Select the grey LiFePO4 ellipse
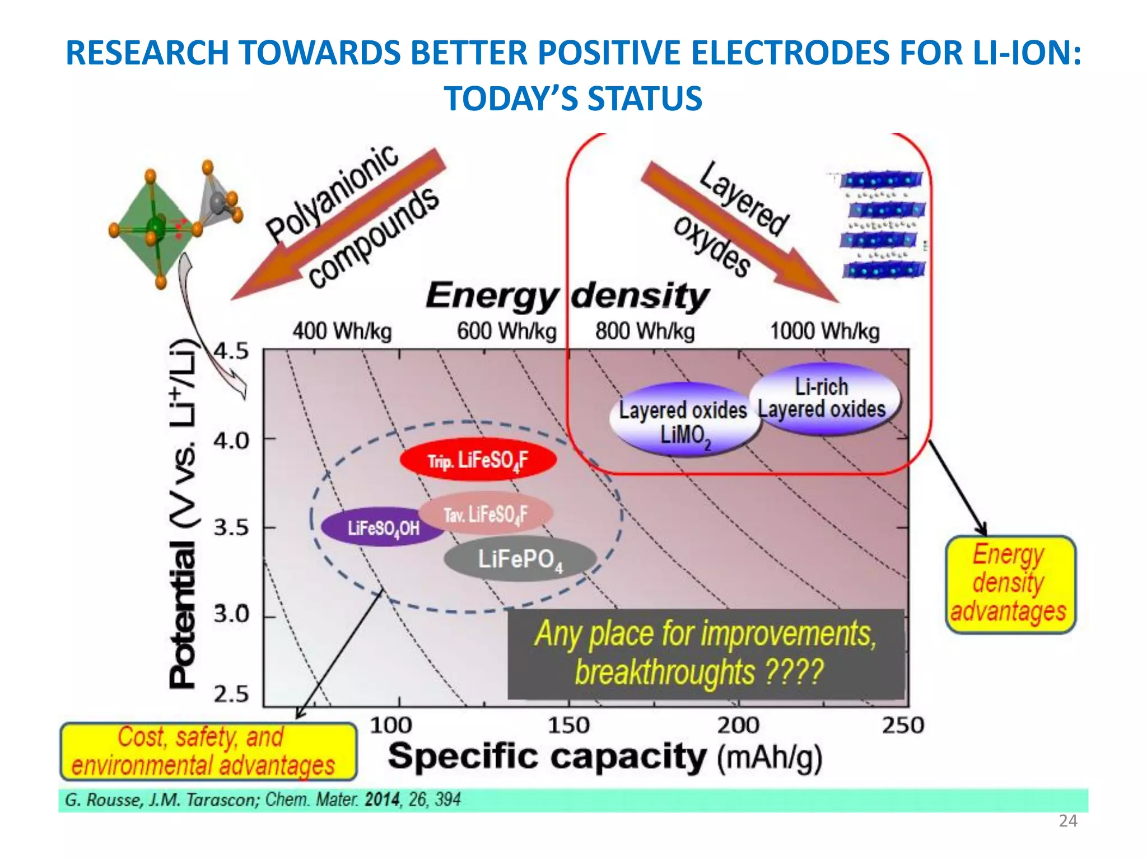tap(520, 559)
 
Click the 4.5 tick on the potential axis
tap(231, 352)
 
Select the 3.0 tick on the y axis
tap(231, 615)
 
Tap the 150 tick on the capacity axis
tap(568, 725)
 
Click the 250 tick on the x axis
tap(903, 725)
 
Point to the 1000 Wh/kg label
tap(824, 331)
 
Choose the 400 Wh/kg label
tap(342, 331)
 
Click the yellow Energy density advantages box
tap(1010, 584)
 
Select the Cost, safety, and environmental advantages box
tap(208, 751)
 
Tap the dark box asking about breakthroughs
tap(706, 653)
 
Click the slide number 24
tap(1067, 821)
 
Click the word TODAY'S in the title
tap(511, 99)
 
